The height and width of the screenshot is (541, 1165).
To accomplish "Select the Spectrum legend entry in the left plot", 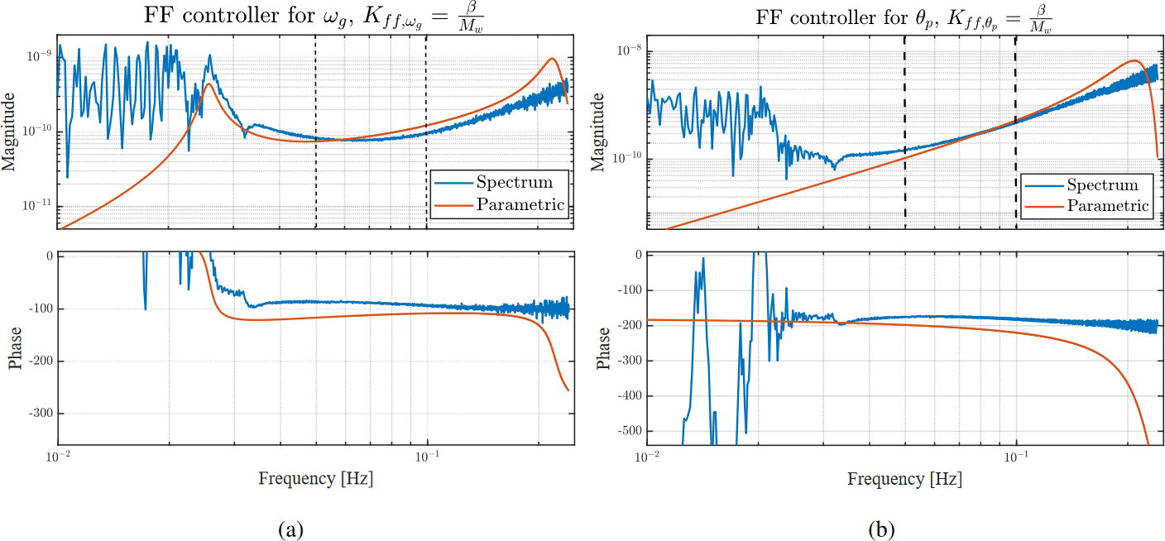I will pos(513,182).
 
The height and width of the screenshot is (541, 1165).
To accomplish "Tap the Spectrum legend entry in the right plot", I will pos(1102,184).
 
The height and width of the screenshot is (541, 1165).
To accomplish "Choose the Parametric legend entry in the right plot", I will pos(1108,205).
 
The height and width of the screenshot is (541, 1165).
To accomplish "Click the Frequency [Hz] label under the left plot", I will pos(314,478).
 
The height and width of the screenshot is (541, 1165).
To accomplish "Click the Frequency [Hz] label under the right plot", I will pos(904,478).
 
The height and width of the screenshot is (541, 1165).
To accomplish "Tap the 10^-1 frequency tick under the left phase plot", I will pos(427,455).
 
